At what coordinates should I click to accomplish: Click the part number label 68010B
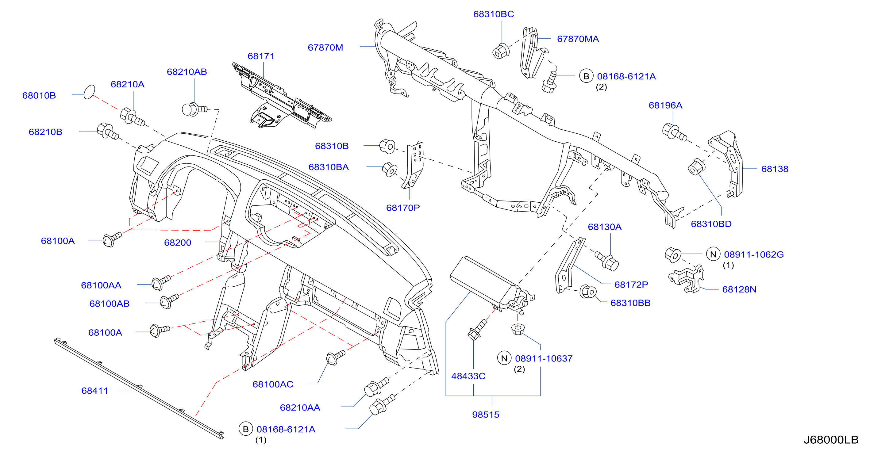39,95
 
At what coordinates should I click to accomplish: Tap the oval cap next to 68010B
90,92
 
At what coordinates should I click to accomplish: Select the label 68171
261,56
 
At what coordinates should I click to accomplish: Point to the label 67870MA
578,39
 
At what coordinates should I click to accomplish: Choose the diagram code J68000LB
831,439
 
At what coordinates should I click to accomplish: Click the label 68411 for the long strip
95,391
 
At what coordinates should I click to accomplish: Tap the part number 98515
486,415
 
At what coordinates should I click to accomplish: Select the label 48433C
468,376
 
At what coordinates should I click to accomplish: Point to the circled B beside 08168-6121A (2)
586,76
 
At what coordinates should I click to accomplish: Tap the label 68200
178,243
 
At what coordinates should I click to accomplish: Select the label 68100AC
273,384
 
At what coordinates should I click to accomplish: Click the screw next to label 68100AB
169,301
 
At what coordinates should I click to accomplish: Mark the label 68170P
403,208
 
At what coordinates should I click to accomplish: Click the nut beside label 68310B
387,147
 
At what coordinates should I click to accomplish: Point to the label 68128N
739,289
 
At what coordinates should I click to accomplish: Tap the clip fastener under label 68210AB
194,109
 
